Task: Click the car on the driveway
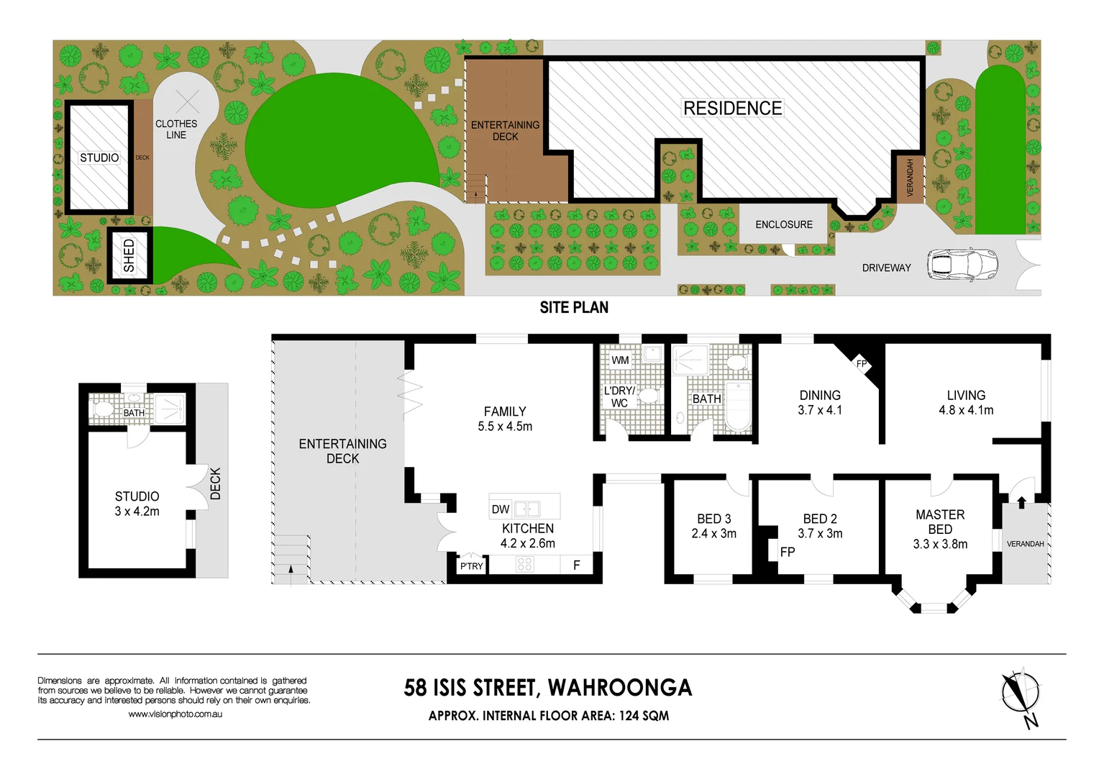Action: tap(962, 264)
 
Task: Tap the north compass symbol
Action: tap(1021, 694)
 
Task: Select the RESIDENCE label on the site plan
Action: tap(732, 109)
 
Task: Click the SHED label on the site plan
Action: tap(129, 255)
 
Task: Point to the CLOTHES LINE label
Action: tap(176, 129)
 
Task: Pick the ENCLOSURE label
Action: tap(783, 224)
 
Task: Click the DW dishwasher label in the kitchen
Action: tap(501, 509)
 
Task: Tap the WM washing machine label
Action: tap(620, 360)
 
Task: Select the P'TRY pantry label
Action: tap(472, 566)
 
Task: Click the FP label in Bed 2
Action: tap(788, 552)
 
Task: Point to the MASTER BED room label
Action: tap(940, 522)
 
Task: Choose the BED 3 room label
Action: tap(713, 519)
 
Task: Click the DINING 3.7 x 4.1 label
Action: tap(820, 403)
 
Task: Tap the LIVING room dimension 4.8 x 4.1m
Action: tap(966, 410)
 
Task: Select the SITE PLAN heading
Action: tap(574, 308)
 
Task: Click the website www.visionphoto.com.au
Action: tap(175, 714)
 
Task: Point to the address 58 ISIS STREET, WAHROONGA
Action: tap(548, 688)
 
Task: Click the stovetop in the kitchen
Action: tap(524, 564)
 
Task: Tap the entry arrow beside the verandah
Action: tap(1021, 501)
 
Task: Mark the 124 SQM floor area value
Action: tap(644, 716)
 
